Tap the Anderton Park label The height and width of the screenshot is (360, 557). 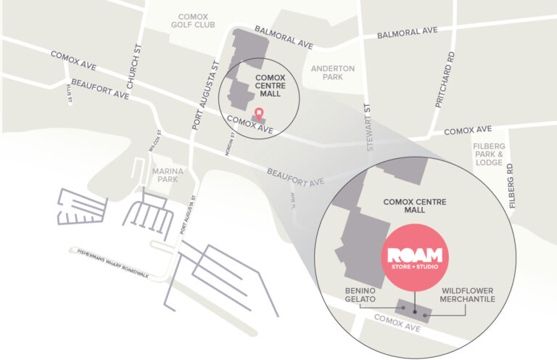click(x=332, y=73)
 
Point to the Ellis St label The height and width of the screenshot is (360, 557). click(x=70, y=94)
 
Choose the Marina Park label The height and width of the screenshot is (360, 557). click(x=168, y=175)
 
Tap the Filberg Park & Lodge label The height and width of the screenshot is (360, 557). click(x=488, y=154)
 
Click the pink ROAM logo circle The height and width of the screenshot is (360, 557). click(x=416, y=258)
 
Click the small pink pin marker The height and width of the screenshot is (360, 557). click(x=259, y=113)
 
